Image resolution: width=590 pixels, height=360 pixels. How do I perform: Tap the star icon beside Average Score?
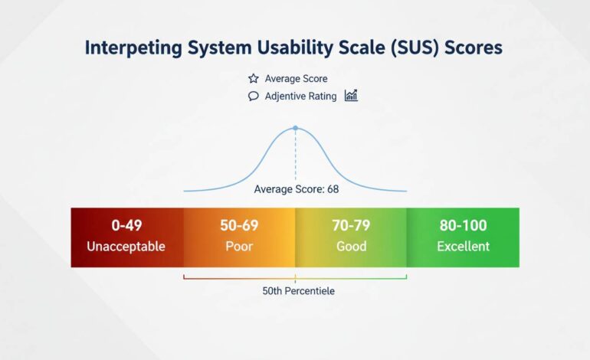tap(254, 79)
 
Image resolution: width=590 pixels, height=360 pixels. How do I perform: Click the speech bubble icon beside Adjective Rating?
tap(254, 97)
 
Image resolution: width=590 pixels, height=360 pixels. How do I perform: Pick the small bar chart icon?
tap(351, 96)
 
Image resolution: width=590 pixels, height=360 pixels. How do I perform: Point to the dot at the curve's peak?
tap(295, 129)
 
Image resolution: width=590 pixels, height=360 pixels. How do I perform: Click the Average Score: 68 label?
tap(296, 188)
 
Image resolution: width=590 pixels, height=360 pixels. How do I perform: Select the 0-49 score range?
tap(126, 226)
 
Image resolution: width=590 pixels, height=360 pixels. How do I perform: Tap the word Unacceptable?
tap(126, 247)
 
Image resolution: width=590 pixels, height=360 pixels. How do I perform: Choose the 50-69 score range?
tap(239, 226)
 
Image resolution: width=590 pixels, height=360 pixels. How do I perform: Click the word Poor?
tap(239, 247)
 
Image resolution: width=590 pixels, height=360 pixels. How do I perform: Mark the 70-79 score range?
tap(351, 226)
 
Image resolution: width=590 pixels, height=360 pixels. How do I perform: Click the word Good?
tap(351, 247)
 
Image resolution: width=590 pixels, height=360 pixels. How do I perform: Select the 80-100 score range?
tap(463, 226)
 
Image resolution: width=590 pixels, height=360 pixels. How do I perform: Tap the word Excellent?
tap(463, 247)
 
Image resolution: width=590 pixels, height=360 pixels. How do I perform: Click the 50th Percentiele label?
tap(298, 291)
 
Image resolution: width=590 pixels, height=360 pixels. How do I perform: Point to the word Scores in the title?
tap(475, 47)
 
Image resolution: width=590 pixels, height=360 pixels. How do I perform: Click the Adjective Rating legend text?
tap(300, 97)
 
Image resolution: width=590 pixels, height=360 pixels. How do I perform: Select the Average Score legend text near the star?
tap(297, 79)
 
